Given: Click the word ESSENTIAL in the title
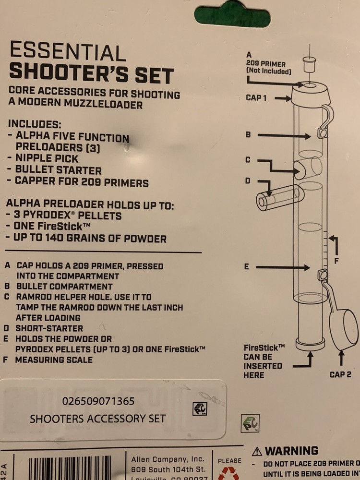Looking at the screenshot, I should pyautogui.click(x=67, y=53).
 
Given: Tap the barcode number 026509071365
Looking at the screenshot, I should pyautogui.click(x=98, y=400).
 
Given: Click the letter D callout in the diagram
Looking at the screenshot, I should pyautogui.click(x=248, y=181).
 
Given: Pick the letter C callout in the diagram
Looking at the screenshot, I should pyautogui.click(x=248, y=160).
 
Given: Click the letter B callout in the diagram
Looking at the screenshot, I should pyautogui.click(x=248, y=135).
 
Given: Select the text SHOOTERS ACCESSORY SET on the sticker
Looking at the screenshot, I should pyautogui.click(x=97, y=418).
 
